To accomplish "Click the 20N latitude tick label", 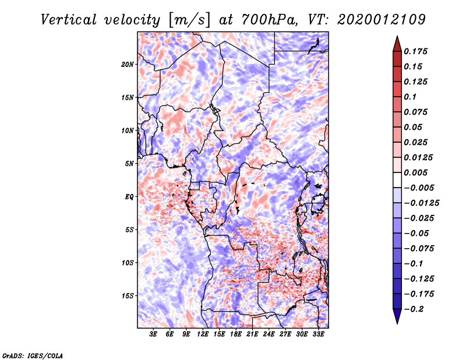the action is point(128,65).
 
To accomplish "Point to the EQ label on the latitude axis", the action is point(129,197).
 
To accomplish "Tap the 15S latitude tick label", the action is point(128,296).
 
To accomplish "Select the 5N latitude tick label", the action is point(129,164).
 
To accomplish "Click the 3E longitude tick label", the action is point(153,334).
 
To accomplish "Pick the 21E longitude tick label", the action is point(252,334).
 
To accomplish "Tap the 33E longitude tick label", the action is point(318,334).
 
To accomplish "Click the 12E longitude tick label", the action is point(203,334).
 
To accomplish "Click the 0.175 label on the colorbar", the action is point(415,51).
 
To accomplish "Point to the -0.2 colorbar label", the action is point(414,309).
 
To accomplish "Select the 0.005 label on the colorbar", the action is point(415,172).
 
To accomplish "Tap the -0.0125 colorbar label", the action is point(421,203).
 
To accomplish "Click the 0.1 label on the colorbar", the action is point(410,97).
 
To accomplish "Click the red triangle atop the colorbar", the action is point(397,44).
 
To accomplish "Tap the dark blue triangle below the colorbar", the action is point(397,316).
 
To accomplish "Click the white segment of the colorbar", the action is point(397,180).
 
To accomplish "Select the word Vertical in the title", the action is point(69,20).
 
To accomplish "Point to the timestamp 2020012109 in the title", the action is point(382,20).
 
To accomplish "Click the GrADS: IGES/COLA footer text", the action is point(33,355).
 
